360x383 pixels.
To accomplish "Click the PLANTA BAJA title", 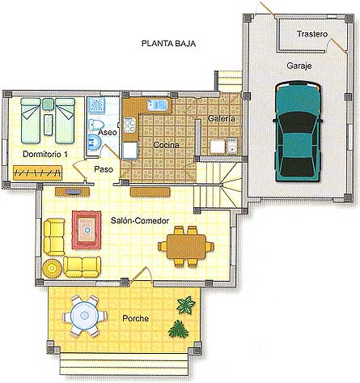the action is [x=168, y=44].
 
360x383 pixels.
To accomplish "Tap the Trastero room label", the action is [x=312, y=34].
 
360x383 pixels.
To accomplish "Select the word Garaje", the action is [x=299, y=66].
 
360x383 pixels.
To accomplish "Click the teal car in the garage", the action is [x=298, y=131].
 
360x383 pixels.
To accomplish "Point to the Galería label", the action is [x=222, y=118].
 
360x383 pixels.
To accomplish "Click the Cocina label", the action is [x=166, y=145].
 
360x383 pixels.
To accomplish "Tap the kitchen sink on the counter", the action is [x=158, y=104].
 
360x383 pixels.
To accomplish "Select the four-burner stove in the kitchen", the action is [x=129, y=125].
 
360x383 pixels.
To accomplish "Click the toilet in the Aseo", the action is [x=96, y=125].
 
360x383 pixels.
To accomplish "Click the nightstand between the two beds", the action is [x=48, y=104].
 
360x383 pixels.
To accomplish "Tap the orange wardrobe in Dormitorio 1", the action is [x=37, y=172].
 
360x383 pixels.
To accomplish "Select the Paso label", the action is [x=104, y=169].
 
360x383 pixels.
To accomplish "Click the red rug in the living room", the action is [x=87, y=230].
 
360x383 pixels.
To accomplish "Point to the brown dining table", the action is [x=186, y=247].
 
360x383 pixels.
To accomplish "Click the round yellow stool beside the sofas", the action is [x=52, y=268].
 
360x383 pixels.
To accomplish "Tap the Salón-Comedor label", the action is [x=140, y=220].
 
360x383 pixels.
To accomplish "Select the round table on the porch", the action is [x=85, y=316].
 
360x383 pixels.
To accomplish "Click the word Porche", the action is [x=136, y=318].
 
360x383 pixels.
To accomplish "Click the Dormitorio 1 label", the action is [x=45, y=154].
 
